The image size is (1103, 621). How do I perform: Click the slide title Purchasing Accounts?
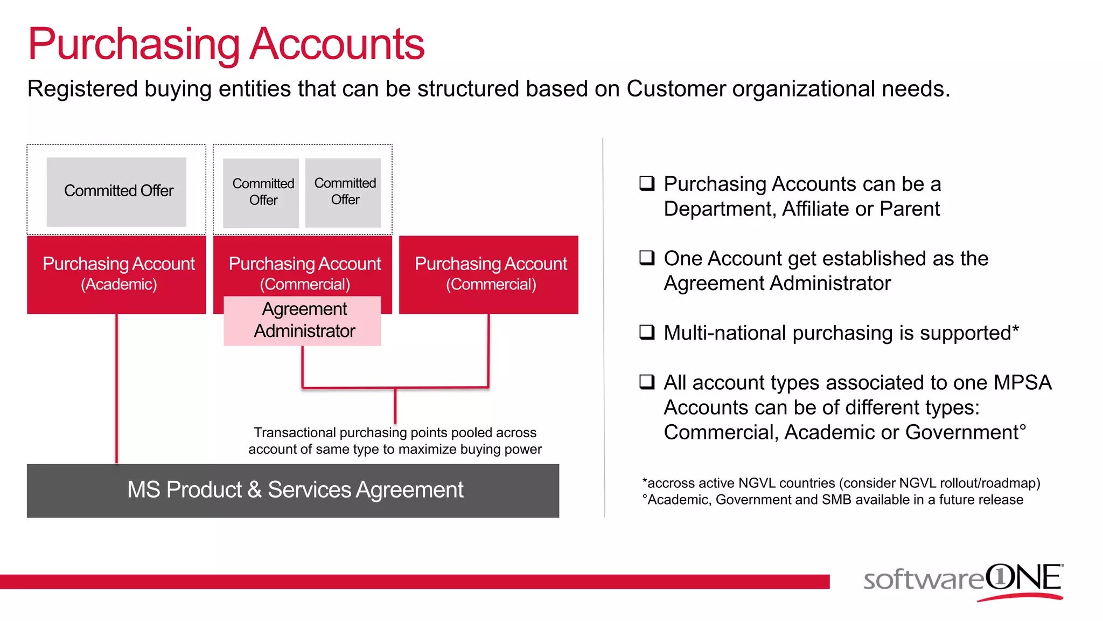coord(226,44)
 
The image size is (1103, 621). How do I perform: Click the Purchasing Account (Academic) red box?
coord(117,274)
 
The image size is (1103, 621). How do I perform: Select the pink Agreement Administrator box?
coord(302,321)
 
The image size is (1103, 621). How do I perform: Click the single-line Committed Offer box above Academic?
coord(117,191)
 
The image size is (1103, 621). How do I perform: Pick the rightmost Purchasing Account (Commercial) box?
coord(488,274)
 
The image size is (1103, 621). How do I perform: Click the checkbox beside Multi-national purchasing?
coord(647,332)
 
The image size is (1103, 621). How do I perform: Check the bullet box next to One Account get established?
coord(647,257)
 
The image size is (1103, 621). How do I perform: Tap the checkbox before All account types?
coord(647,382)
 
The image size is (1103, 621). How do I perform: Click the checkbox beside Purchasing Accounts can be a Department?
coord(647,183)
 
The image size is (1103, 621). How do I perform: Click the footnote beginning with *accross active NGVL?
coord(841,483)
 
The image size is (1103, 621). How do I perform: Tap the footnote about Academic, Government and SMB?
coord(833,500)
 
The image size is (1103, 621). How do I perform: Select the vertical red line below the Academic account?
coord(116,388)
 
